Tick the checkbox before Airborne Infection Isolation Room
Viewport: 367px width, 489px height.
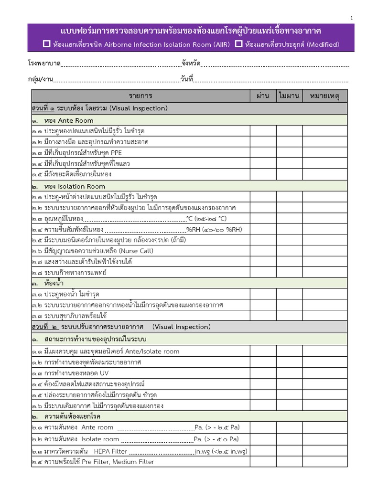point(46,44)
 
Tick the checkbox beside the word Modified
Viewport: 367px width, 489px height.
point(238,44)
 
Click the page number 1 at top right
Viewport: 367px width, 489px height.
point(352,18)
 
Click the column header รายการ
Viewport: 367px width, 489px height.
point(140,96)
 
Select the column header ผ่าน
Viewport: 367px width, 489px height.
point(263,96)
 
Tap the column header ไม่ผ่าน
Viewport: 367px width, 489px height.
point(289,96)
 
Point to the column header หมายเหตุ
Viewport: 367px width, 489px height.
point(324,96)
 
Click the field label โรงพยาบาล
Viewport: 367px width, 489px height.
point(44,64)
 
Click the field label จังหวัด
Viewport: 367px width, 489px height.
point(191,64)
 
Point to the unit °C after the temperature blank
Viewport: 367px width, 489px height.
point(189,219)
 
